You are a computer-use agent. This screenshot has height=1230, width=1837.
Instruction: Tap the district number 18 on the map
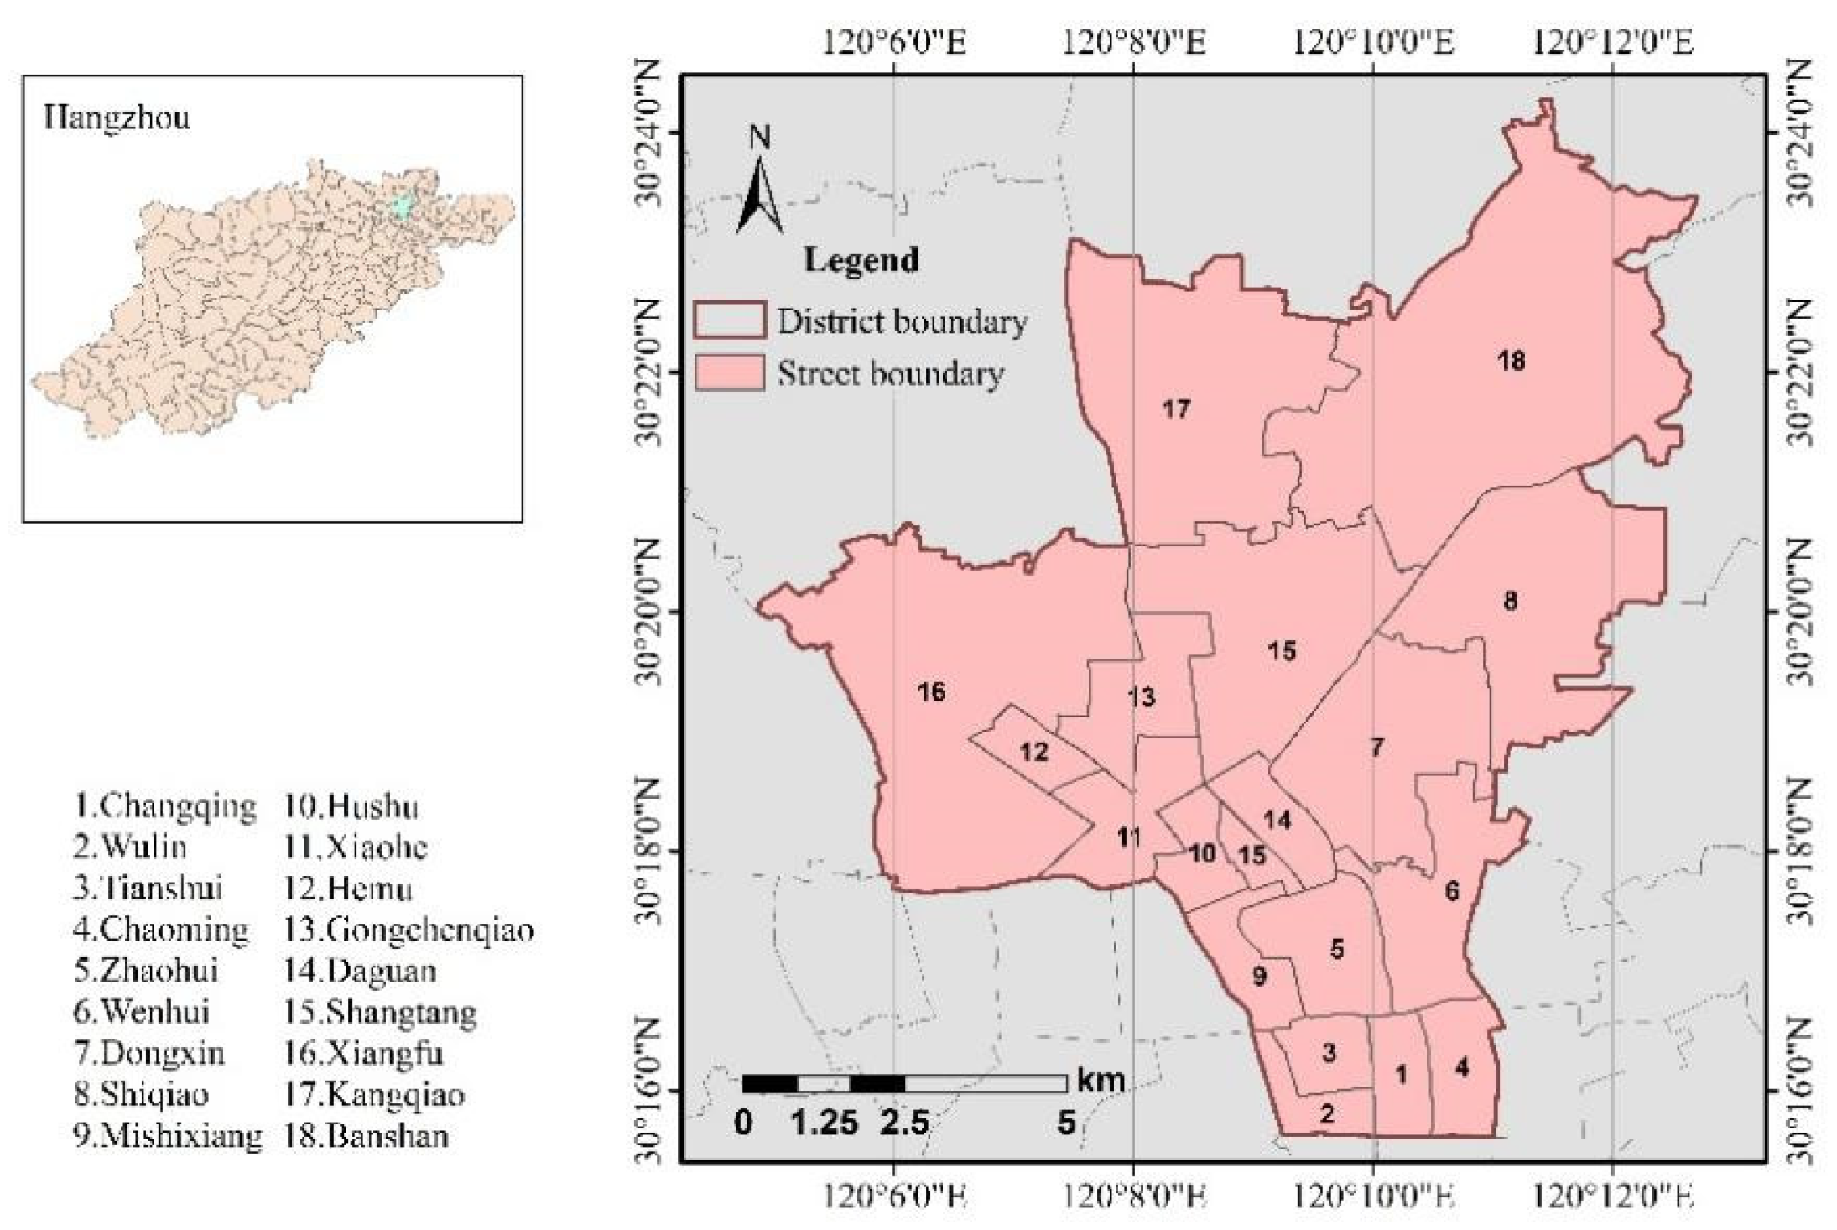click(x=1511, y=361)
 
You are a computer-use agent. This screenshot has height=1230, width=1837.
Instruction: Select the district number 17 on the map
click(x=1176, y=409)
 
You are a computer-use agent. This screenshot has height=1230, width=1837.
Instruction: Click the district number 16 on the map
click(x=931, y=691)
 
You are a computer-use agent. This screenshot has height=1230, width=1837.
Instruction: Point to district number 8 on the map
click(x=1510, y=601)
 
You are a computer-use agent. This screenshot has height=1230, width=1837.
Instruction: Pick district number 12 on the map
click(x=1033, y=752)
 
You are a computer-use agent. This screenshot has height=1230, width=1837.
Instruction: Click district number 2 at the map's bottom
click(x=1326, y=1114)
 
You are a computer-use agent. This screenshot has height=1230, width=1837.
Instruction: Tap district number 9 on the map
click(x=1258, y=976)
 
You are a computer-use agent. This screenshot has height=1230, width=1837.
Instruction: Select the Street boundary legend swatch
click(x=729, y=373)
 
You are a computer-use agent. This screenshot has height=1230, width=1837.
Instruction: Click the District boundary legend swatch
click(x=729, y=321)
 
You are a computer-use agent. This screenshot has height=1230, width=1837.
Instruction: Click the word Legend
click(x=861, y=260)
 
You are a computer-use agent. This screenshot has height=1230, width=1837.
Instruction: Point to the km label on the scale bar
click(x=1100, y=1080)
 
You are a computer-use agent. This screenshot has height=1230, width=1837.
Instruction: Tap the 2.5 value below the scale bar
click(x=903, y=1123)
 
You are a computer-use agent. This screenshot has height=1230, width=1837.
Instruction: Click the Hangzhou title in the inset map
click(x=117, y=118)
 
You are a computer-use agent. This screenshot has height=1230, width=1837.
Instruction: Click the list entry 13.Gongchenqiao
click(x=409, y=930)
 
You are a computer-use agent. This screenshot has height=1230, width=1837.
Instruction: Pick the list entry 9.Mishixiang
click(x=167, y=1136)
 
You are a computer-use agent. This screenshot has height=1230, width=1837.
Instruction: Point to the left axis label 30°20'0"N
click(x=652, y=611)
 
